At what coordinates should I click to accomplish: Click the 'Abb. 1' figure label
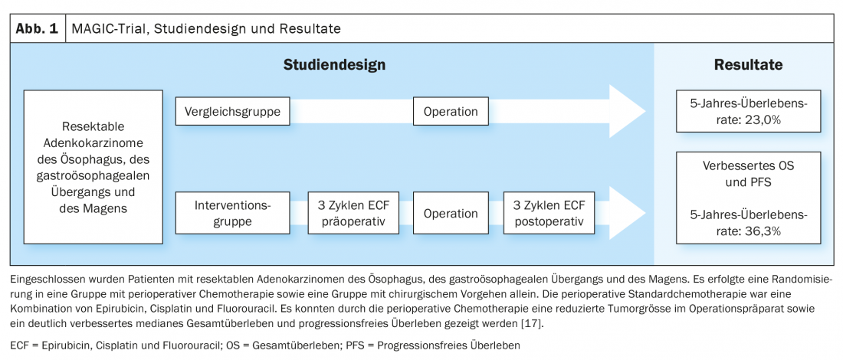click(37, 29)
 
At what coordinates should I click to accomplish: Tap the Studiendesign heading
click(334, 65)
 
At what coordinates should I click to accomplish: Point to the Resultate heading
click(748, 65)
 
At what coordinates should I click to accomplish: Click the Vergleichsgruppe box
click(233, 112)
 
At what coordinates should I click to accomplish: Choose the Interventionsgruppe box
click(233, 213)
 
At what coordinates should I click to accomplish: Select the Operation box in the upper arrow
click(451, 112)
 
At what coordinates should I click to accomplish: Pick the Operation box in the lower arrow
click(451, 213)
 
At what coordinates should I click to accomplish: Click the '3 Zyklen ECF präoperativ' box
click(353, 213)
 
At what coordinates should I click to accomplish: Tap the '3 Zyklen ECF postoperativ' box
click(549, 213)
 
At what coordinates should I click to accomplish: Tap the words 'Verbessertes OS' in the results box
click(748, 166)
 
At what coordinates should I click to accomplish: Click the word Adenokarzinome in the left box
click(93, 143)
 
